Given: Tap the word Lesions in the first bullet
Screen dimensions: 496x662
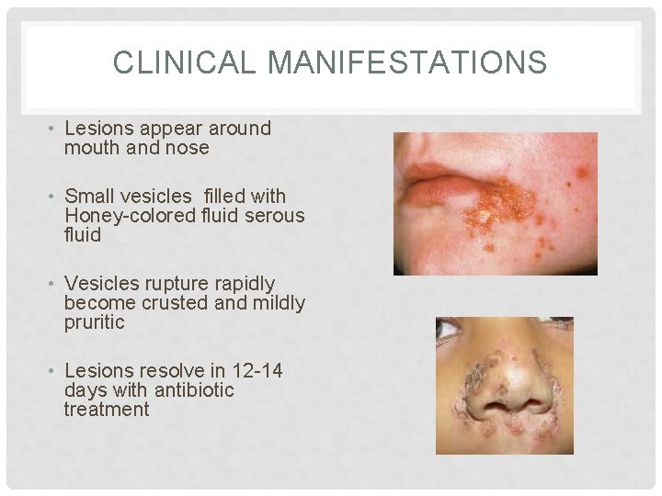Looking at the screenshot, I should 98,129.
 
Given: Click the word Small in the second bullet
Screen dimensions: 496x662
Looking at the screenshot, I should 89,197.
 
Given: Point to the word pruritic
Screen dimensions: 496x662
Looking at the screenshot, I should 95,322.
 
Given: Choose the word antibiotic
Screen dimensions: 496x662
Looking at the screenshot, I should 194,390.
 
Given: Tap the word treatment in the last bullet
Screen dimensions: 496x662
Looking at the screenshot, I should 107,410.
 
